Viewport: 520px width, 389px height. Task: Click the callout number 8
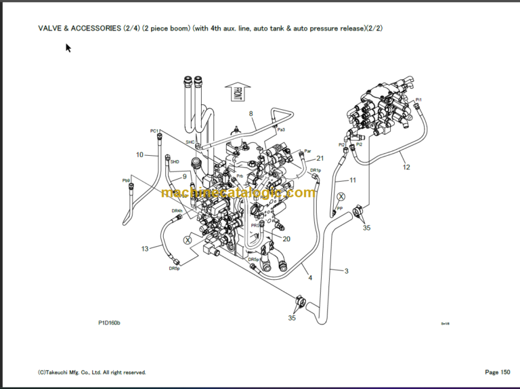click(x=251, y=114)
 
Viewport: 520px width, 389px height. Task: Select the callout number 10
click(x=139, y=155)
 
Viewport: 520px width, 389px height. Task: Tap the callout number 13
click(x=145, y=249)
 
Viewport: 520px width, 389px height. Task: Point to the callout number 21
click(x=320, y=159)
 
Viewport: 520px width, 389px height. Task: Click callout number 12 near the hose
click(x=406, y=167)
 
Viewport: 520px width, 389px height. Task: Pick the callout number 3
click(x=346, y=271)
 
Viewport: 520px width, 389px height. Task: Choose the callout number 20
click(x=286, y=239)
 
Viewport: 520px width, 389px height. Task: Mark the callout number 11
click(x=352, y=180)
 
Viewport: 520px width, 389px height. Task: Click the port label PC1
click(x=154, y=131)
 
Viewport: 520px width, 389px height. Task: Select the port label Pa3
click(x=281, y=129)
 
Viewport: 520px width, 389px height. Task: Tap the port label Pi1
click(x=418, y=100)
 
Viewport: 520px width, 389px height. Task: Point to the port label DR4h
click(x=177, y=211)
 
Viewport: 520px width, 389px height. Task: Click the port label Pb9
click(x=126, y=180)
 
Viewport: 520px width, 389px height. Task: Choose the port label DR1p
click(x=315, y=170)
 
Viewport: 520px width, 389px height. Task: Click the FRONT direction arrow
click(x=238, y=94)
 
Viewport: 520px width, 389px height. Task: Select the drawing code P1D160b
click(x=108, y=323)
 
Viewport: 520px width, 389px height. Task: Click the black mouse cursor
click(x=68, y=48)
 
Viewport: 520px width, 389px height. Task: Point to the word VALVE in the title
click(x=50, y=28)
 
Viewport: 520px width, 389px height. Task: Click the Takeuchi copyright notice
click(x=91, y=372)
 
